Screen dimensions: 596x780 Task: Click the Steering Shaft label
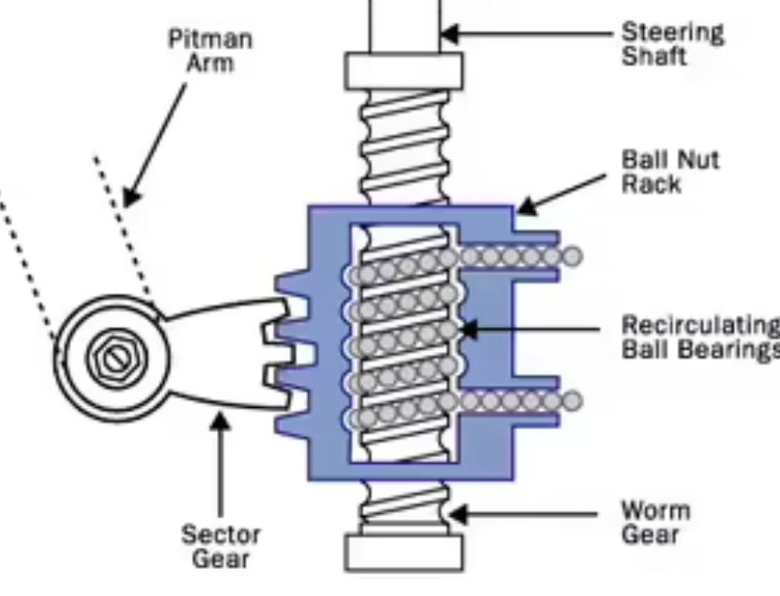tap(672, 44)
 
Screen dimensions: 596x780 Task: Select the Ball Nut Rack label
tap(670, 171)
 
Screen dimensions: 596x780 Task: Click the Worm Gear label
tap(656, 522)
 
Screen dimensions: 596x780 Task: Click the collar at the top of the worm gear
tap(404, 70)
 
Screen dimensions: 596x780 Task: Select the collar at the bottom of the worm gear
tap(404, 551)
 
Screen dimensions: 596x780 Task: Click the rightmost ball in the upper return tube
tap(572, 257)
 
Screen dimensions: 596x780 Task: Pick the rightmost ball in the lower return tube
tap(572, 401)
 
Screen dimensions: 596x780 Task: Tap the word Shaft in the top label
tap(654, 56)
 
